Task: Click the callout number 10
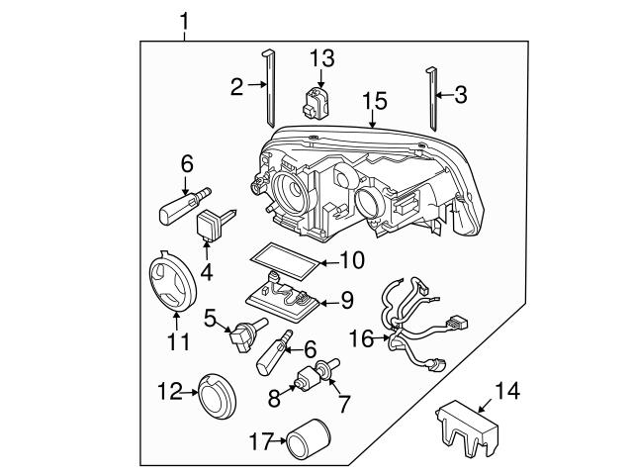(x=352, y=260)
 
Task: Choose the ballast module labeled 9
(x=284, y=298)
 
